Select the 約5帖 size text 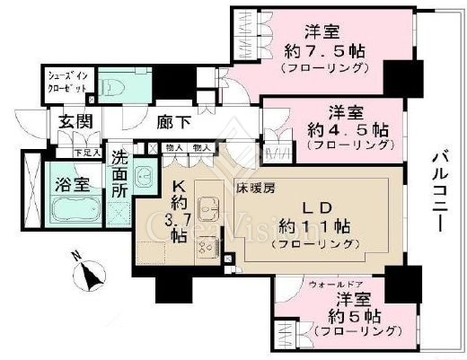click(347, 315)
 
